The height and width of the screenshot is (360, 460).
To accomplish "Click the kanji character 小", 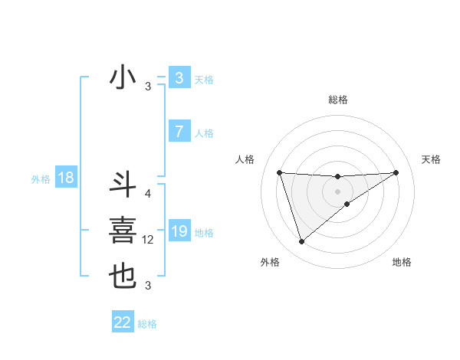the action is tap(123, 78).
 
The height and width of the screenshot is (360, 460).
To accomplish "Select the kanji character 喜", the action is tap(123, 231).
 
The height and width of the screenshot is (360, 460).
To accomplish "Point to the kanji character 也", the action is tap(123, 277).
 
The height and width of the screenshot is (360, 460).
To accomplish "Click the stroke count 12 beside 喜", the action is tap(149, 240).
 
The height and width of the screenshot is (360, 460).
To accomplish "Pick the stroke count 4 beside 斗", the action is tap(148, 194).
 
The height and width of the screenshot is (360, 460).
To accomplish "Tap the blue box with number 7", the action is tap(179, 132).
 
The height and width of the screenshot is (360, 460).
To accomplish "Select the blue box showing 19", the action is tap(179, 231).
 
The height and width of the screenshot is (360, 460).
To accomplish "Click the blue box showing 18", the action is tap(65, 178).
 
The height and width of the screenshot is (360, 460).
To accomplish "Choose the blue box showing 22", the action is tap(123, 322).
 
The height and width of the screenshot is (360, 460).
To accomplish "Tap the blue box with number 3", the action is tap(179, 78).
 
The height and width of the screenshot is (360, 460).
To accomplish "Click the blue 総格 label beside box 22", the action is tap(148, 324).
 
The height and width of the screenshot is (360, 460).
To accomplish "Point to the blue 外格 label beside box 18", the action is tap(41, 179).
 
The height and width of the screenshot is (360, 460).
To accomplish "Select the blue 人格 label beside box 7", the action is tap(204, 133).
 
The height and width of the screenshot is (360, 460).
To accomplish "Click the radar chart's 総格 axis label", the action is tap(337, 100).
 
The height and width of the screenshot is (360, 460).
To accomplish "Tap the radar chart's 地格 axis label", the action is tap(402, 262).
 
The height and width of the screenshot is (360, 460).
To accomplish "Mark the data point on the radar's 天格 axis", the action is tap(396, 172).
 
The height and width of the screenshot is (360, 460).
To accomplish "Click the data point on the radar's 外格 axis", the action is tap(301, 242).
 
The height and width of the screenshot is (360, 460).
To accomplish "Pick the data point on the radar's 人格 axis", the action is tap(279, 172).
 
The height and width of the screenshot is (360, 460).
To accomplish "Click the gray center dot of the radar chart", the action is tap(337, 191).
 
